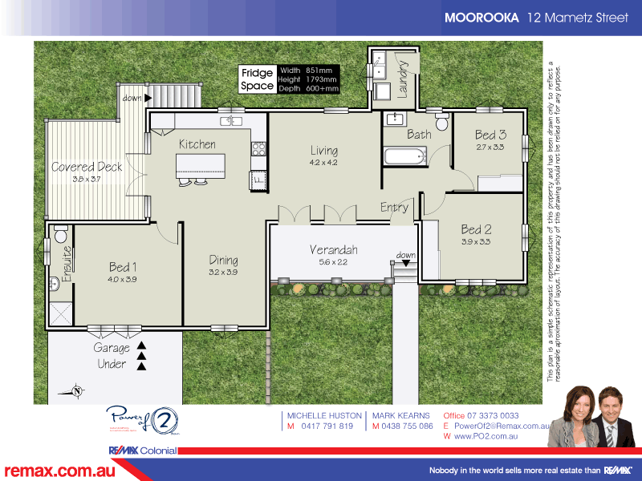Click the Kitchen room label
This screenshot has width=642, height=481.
tap(197, 144)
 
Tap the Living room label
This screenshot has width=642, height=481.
tap(324, 150)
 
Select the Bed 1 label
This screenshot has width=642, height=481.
tap(123, 267)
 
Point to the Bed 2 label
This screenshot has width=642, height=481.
tap(476, 229)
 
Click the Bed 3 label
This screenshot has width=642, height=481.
tap(490, 135)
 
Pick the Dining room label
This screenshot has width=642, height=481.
tap(223, 260)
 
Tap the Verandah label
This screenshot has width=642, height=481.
tap(333, 250)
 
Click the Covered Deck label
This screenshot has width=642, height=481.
tap(87, 168)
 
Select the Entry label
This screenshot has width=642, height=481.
tap(394, 207)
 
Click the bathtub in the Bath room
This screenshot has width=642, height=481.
tap(404, 156)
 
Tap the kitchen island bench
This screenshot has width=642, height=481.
tap(201, 166)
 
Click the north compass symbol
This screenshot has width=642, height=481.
tap(75, 391)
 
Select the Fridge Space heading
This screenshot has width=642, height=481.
tap(258, 79)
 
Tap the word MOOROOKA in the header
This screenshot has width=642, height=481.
tap(481, 17)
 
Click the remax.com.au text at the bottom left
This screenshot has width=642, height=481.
tap(59, 471)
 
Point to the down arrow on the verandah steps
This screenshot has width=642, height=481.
tap(406, 261)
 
